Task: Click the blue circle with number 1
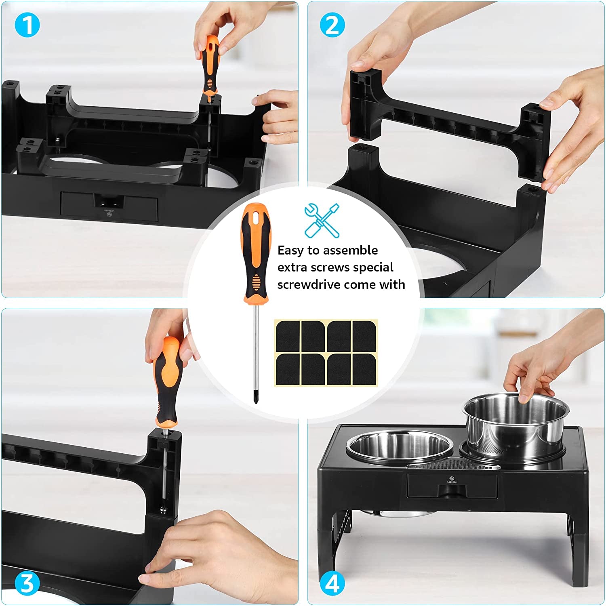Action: click(x=27, y=25)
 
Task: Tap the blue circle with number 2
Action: click(x=332, y=25)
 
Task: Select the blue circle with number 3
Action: click(x=27, y=584)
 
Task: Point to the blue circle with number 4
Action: click(x=332, y=584)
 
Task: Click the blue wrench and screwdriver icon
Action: click(x=322, y=220)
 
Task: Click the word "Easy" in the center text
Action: click(x=290, y=251)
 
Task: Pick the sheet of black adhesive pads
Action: click(x=326, y=353)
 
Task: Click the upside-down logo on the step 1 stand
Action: click(x=109, y=213)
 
